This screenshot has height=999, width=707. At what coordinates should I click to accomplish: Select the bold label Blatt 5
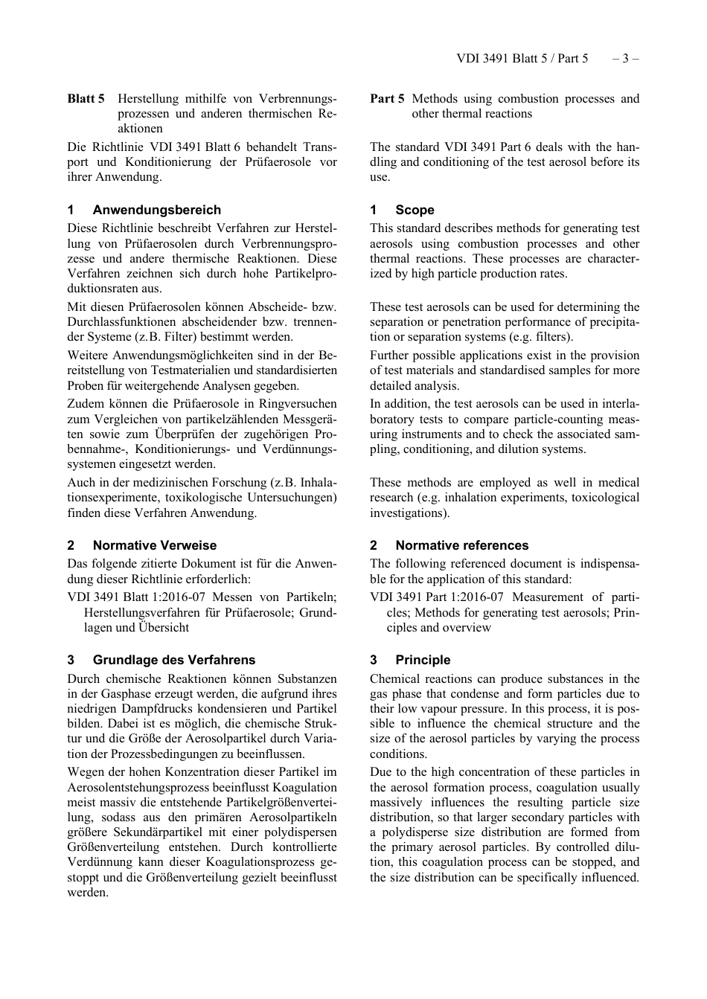click(x=86, y=98)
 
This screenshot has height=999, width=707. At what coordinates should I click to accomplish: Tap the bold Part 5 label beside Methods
click(x=388, y=98)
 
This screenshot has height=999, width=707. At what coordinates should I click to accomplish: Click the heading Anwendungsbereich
click(x=156, y=210)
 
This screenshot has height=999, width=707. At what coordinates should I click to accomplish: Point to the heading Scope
click(x=415, y=210)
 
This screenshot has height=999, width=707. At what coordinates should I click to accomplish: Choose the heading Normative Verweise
click(x=154, y=545)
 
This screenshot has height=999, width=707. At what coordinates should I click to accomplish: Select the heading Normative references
click(x=461, y=545)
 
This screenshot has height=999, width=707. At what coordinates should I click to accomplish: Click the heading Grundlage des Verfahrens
click(x=173, y=660)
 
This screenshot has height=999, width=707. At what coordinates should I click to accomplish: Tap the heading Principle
click(x=423, y=660)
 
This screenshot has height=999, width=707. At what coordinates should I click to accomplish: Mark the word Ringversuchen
click(x=299, y=404)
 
